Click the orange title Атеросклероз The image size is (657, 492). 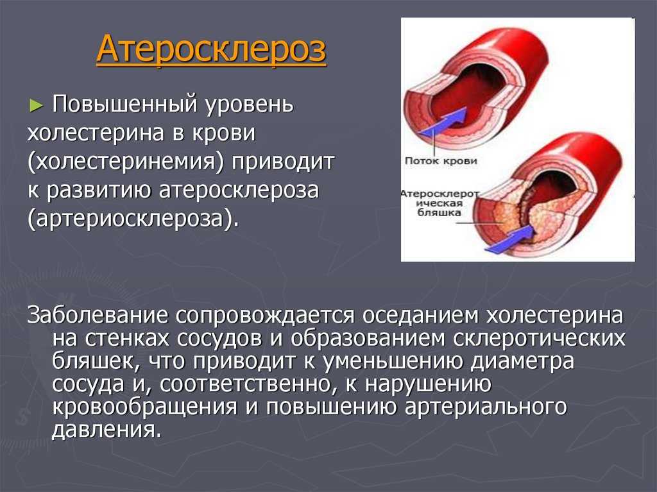211,49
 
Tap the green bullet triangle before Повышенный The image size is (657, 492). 37,105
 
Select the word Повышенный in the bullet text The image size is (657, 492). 125,104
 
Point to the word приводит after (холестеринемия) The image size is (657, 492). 283,162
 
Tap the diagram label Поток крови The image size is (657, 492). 441,161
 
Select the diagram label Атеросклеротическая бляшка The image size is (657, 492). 439,203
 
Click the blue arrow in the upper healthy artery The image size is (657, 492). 443,121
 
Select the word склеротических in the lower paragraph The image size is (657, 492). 539,339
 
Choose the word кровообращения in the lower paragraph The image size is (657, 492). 144,407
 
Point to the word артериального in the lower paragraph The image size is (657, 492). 486,407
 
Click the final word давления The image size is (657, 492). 107,430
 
